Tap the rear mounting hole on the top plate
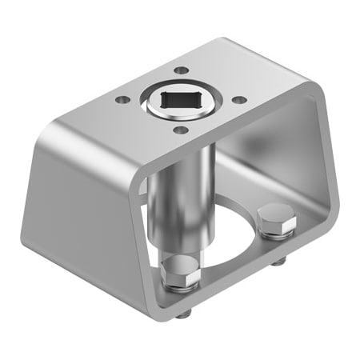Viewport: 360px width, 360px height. [x=184, y=70]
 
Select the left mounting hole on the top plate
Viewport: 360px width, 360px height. [x=122, y=100]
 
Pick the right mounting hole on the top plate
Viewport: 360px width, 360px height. [x=239, y=100]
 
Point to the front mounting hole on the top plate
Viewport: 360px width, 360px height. [x=181, y=130]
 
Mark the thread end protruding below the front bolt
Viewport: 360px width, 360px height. [x=182, y=314]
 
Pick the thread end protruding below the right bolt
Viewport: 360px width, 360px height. [x=277, y=262]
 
